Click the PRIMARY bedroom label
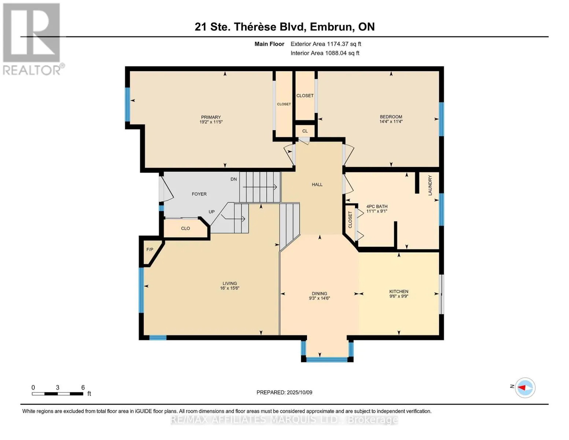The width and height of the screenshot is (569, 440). [x=211, y=117]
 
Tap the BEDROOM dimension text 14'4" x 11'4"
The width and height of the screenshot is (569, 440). [x=391, y=122]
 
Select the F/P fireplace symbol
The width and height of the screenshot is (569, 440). [x=150, y=250]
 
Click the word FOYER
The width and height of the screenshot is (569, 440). [x=199, y=194]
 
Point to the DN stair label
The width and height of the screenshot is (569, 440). [x=233, y=179]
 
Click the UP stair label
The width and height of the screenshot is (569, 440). [x=212, y=212]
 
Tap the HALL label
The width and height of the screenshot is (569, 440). [x=317, y=184]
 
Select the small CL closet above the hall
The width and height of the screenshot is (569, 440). [x=305, y=131]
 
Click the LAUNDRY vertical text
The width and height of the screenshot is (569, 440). [x=430, y=185]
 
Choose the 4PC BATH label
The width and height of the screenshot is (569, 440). [x=377, y=206]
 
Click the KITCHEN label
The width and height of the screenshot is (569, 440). [x=399, y=291]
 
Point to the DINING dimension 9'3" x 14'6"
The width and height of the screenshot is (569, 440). [x=319, y=298]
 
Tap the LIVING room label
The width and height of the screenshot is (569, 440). [x=230, y=283]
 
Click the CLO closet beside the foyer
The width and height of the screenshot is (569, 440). [x=185, y=228]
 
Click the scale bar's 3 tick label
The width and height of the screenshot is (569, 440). [x=58, y=388]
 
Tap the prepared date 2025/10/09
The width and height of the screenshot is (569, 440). [x=299, y=392]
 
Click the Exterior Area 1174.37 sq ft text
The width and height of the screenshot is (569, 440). [x=326, y=44]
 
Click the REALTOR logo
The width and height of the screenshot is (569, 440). [x=32, y=39]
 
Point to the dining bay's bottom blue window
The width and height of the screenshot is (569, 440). [x=326, y=360]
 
